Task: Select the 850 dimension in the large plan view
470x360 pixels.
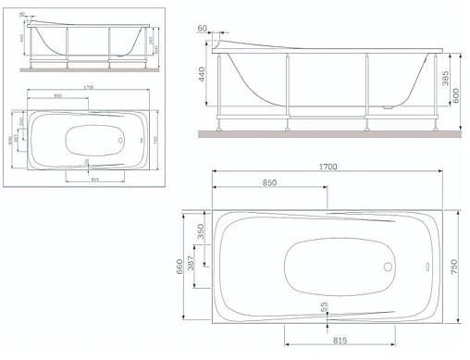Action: click(269, 183)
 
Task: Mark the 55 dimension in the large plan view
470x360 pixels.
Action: click(324, 307)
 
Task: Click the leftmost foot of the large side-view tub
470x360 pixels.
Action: click(219, 123)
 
